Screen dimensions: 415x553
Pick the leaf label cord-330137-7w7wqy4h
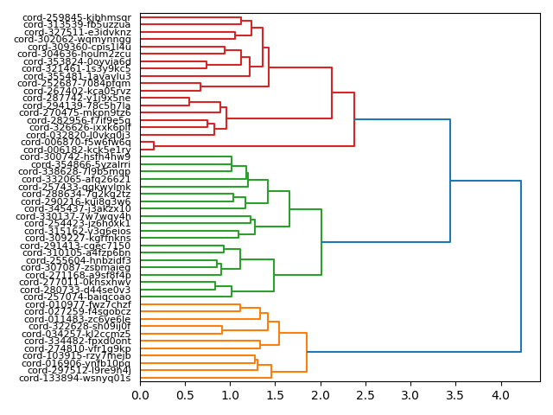tap(73, 216)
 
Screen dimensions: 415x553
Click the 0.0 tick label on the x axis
tap(140, 395)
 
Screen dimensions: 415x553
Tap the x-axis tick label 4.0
tap(500, 395)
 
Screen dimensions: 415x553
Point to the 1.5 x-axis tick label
tap(275, 395)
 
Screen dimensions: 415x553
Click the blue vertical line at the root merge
tap(521, 266)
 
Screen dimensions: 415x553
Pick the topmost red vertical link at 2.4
tap(354, 119)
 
